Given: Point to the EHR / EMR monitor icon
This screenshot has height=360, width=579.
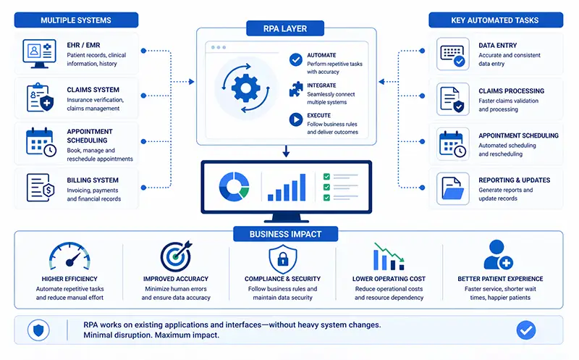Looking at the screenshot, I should [39, 54].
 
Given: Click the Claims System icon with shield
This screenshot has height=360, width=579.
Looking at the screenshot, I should [39, 97].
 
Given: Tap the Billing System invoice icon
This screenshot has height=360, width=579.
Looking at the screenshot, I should [39, 187].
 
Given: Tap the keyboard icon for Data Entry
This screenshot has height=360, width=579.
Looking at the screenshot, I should [452, 54].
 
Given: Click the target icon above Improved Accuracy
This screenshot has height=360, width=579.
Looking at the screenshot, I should [176, 257].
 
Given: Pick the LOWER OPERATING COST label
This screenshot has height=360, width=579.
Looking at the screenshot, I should [388, 278].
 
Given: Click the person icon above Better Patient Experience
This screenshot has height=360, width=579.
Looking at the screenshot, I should [498, 256].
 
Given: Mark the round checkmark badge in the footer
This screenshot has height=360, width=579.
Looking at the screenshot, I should [526, 330].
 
